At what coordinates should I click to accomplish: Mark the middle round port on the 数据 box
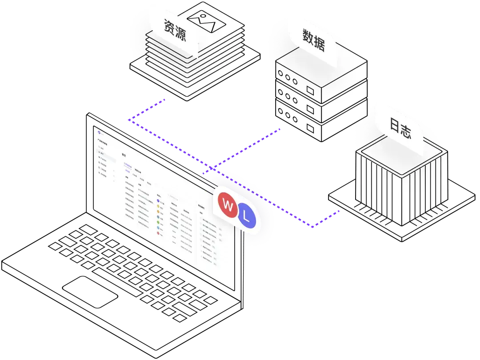pyautogui.click(x=288, y=77)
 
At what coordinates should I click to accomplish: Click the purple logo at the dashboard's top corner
pyautogui.click(x=100, y=132)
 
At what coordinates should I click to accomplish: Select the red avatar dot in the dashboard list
pyautogui.click(x=159, y=233)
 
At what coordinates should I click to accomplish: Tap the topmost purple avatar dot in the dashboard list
pyautogui.click(x=158, y=201)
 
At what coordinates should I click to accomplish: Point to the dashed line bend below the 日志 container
pyautogui.click(x=312, y=228)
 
